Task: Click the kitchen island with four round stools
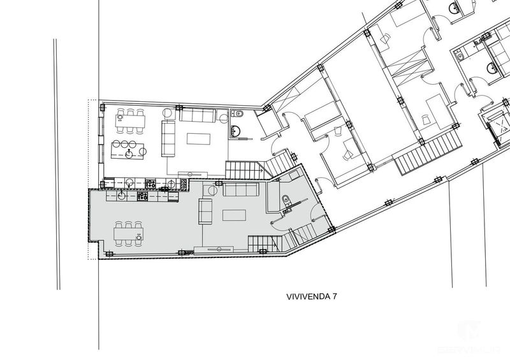tap(127, 150)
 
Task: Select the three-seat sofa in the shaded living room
tap(240, 191)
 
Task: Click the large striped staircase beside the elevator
tap(428, 153)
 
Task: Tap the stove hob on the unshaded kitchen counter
tap(152, 183)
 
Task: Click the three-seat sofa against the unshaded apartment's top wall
tap(197, 115)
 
